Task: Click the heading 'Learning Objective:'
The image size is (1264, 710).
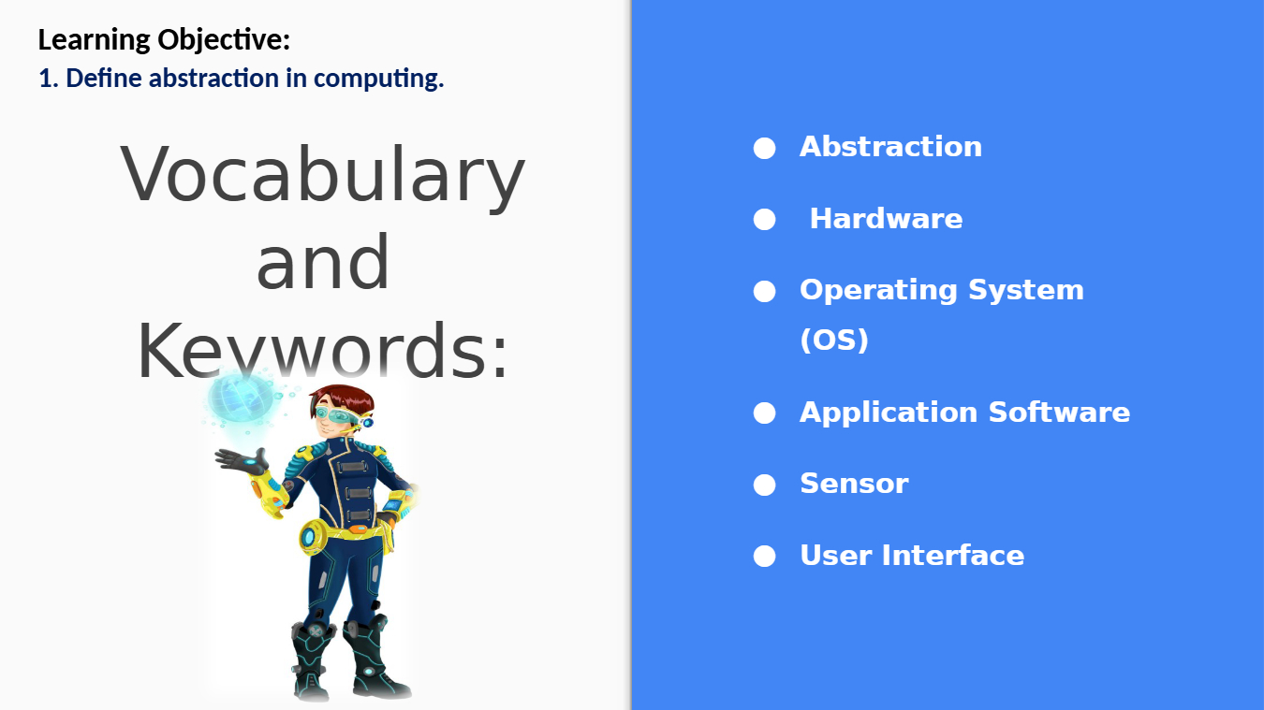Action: tap(164, 40)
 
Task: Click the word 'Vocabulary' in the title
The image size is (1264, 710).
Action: tap(323, 174)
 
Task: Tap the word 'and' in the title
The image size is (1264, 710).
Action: tap(323, 263)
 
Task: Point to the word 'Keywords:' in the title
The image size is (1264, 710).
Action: tap(323, 352)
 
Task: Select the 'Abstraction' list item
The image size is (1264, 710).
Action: tap(890, 147)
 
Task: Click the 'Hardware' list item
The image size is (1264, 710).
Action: tap(886, 219)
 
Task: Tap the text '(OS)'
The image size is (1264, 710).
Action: tap(834, 340)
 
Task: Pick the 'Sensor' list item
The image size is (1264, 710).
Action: tap(854, 484)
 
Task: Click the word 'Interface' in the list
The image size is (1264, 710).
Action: tap(952, 556)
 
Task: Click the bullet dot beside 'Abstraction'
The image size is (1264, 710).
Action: tap(765, 149)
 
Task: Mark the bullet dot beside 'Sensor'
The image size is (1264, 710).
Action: tap(765, 485)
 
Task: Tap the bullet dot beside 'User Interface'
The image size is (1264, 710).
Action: tap(765, 556)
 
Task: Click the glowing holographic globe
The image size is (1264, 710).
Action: tap(240, 398)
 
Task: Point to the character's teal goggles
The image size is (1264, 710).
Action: tap(337, 415)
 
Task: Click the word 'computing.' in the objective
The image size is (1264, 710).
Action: tap(378, 78)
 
